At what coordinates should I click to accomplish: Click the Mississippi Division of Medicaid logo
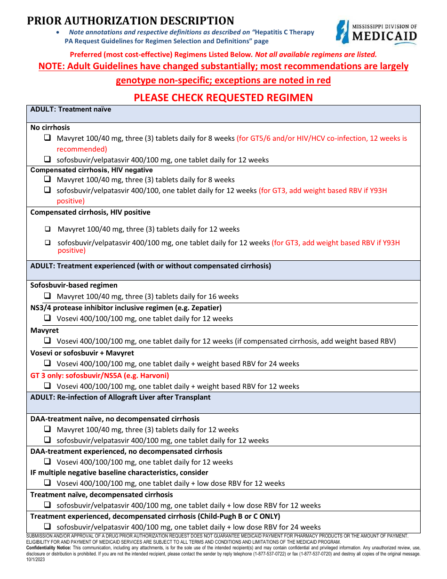(376, 32)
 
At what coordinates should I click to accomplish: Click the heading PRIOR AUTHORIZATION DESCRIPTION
(130, 21)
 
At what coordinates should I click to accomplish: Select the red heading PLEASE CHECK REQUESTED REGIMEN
(223, 97)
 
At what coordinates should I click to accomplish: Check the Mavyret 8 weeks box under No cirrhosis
(48, 138)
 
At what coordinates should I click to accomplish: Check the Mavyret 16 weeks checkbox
(48, 297)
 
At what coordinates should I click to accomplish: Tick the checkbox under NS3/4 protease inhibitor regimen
(48, 318)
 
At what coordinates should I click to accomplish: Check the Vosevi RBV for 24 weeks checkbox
(48, 363)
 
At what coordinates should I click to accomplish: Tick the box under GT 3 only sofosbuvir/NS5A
(48, 386)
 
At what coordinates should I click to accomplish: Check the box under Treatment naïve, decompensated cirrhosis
(48, 505)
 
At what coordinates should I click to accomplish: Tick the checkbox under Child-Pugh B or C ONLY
(48, 527)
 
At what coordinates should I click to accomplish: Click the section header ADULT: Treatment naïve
(71, 109)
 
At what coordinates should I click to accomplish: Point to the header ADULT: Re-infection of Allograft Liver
(120, 397)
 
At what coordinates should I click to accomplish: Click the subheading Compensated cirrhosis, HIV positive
(90, 212)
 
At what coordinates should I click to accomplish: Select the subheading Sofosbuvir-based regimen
(74, 285)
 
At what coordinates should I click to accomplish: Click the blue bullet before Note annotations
(57, 32)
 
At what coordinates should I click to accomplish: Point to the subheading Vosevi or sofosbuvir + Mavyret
(82, 353)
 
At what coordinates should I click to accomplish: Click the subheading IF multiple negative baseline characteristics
(119, 472)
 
